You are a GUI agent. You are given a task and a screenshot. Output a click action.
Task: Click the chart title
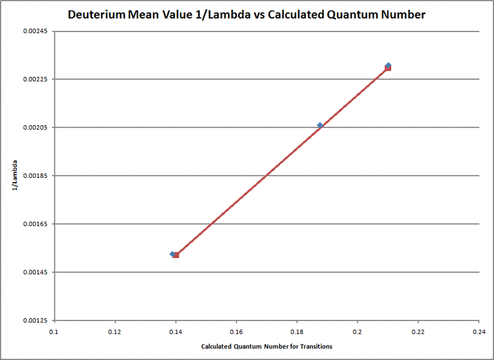pyautogui.click(x=248, y=14)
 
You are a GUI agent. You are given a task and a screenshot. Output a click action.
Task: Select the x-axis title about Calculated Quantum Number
pyautogui.click(x=267, y=346)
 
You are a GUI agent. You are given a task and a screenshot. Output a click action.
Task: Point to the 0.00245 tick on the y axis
pyautogui.click(x=35, y=31)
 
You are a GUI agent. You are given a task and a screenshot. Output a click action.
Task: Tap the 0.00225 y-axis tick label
pyautogui.click(x=35, y=80)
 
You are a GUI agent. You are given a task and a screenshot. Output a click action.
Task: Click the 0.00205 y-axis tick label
pyautogui.click(x=35, y=128)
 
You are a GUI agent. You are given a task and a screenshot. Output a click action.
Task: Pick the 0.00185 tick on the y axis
pyautogui.click(x=35, y=176)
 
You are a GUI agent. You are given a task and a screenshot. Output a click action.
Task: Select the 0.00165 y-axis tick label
pyautogui.click(x=35, y=224)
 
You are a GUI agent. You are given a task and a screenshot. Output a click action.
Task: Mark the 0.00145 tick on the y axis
pyautogui.click(x=35, y=272)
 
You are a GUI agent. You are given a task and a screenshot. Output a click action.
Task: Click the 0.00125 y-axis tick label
pyautogui.click(x=35, y=320)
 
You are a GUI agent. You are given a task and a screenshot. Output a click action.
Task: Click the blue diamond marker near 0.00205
pyautogui.click(x=320, y=125)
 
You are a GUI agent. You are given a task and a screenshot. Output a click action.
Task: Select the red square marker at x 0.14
pyautogui.click(x=176, y=255)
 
